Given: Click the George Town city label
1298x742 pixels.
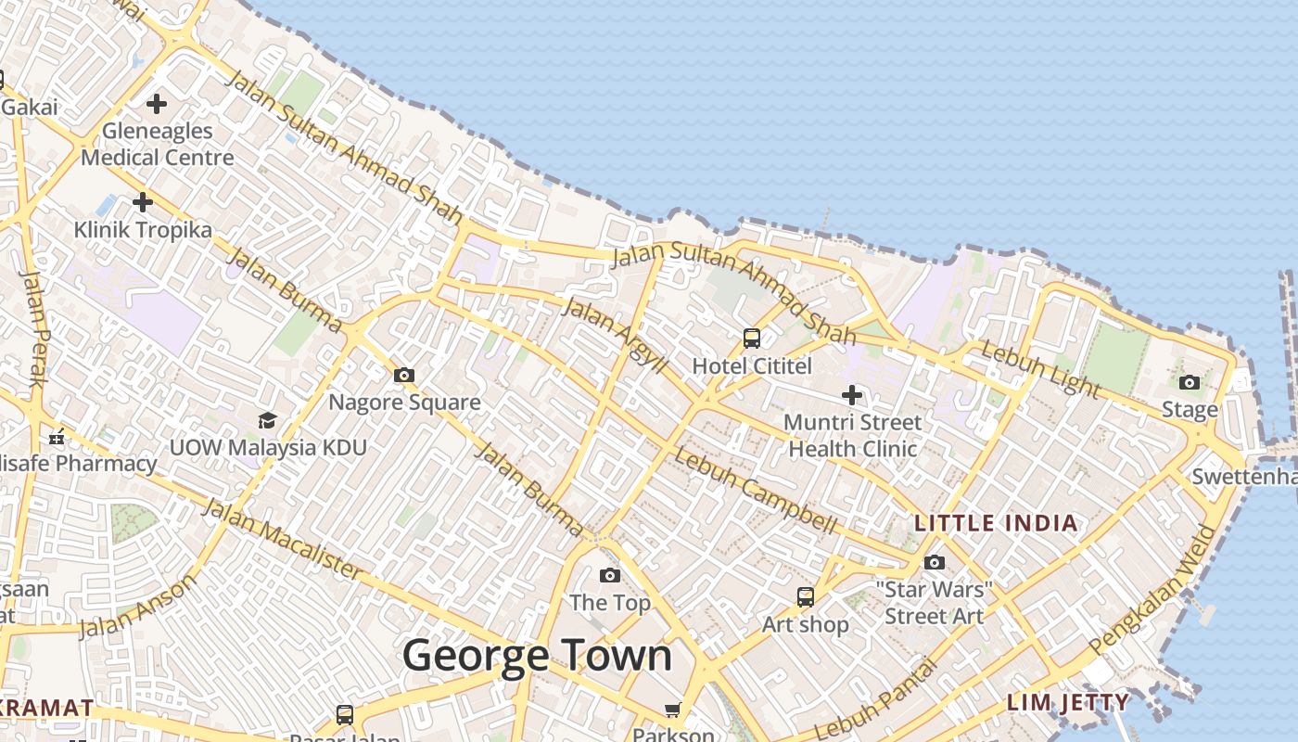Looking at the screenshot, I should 537,656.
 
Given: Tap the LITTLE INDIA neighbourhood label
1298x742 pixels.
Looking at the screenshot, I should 997,523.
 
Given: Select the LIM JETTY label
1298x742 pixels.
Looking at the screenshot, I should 1068,702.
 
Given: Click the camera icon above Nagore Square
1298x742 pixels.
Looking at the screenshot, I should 404,376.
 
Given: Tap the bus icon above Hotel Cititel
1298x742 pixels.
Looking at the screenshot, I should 752,339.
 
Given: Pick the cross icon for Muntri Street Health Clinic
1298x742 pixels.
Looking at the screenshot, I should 852,396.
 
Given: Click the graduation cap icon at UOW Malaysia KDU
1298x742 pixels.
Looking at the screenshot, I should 268,421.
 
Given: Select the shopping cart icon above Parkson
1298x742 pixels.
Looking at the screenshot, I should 673,710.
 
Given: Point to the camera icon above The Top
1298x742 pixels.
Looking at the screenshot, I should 610,576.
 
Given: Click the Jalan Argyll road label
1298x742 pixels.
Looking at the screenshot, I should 614,335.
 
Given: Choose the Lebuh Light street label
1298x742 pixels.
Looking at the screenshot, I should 1039,369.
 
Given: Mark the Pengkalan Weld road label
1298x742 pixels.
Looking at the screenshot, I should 1155,589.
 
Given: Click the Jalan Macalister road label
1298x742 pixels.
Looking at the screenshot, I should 282,538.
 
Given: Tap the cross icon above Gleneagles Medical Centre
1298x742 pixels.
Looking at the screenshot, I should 157,103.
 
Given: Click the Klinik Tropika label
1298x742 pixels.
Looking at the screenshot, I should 143,229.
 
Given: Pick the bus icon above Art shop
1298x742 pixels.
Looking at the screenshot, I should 806,597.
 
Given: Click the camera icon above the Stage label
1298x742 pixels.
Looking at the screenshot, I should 1190,382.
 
